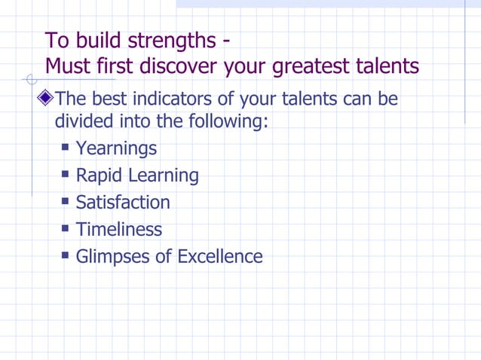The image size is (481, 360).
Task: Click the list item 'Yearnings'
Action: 116,148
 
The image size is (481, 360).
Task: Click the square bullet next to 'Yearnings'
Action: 66,147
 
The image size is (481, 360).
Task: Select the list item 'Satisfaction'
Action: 123,203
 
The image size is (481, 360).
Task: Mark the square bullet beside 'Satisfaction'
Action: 66,201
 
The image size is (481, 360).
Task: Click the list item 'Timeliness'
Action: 118,229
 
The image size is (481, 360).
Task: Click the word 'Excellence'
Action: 220,256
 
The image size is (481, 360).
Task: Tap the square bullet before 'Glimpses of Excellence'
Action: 66,255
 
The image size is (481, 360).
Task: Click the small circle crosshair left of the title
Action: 31,79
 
